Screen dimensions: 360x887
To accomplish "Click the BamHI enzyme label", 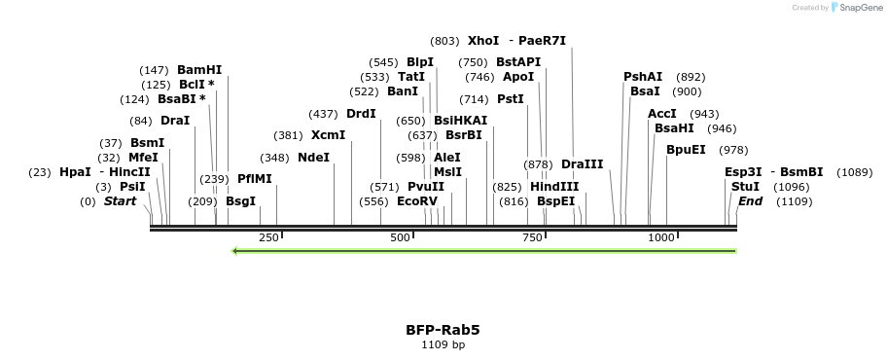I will click(199, 70).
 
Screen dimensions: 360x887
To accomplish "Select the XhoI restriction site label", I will click(483, 41).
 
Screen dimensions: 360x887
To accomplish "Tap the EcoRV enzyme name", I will click(417, 201).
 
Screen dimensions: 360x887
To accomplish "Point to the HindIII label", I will click(554, 187).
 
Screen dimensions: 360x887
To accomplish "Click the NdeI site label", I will click(313, 158).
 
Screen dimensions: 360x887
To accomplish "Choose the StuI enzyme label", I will click(745, 187).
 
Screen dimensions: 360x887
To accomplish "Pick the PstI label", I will click(511, 99).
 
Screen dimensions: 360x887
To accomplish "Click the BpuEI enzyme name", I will click(686, 150).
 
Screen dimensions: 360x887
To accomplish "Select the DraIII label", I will click(583, 164).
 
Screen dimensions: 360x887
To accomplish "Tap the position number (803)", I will click(444, 41).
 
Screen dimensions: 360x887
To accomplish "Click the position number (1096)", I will click(791, 187).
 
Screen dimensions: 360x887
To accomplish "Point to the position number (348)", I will click(274, 158).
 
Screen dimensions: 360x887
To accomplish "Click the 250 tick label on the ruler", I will click(268, 238).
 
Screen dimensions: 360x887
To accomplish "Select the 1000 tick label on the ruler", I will click(661, 238).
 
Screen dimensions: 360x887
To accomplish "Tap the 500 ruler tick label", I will click(401, 238).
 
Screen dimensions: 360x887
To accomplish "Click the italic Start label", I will click(120, 201).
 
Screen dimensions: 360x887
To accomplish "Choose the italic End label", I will click(750, 201).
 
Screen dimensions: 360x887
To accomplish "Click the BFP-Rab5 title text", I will click(443, 330).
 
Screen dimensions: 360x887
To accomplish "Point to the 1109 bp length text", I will click(443, 344).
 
